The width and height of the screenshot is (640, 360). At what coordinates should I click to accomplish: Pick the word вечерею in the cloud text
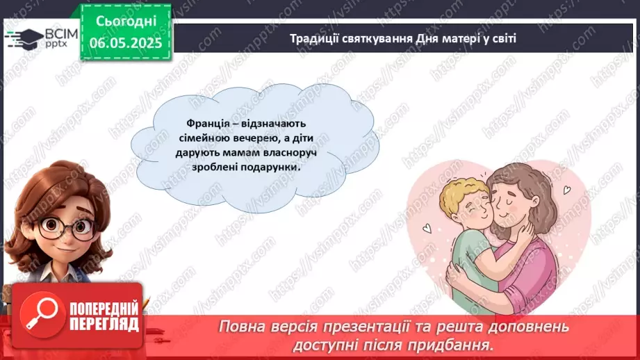coord(240,138)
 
